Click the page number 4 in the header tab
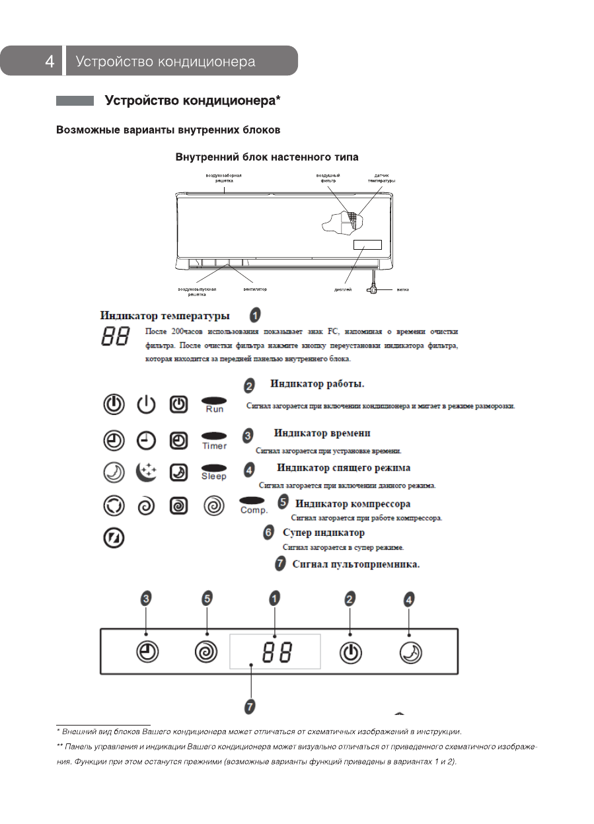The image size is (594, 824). (50, 61)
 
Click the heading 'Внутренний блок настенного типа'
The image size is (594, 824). (267, 157)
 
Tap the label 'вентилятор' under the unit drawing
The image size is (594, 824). (255, 289)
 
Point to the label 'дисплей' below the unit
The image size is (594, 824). (343, 289)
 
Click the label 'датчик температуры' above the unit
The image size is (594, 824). (381, 178)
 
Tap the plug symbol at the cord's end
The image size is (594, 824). (373, 288)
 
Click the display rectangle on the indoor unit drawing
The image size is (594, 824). (368, 244)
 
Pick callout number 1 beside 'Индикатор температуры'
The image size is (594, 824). (254, 315)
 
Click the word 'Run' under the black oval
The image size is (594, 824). (215, 410)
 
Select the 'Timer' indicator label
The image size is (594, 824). (214, 446)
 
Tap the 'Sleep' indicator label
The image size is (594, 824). (213, 476)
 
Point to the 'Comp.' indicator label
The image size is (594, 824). (254, 510)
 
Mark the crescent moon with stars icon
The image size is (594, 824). (146, 472)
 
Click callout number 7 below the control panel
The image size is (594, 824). (250, 706)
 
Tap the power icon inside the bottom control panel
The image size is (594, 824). (351, 653)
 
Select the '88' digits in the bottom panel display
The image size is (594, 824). (277, 654)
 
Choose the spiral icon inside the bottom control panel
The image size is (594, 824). (206, 653)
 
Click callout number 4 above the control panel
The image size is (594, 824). (409, 599)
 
